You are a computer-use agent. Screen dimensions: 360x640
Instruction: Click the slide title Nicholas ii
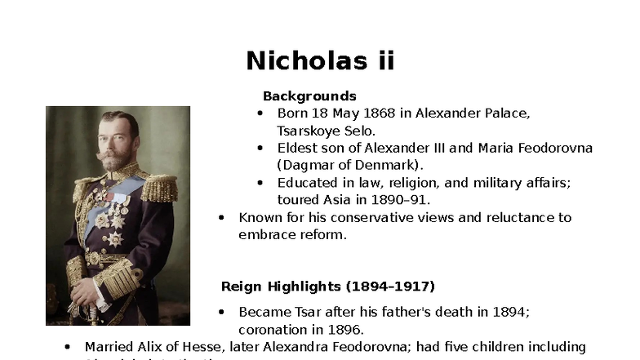(320, 60)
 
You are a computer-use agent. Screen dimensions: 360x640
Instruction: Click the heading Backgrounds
(309, 96)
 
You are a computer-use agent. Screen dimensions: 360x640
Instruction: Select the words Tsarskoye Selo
(327, 131)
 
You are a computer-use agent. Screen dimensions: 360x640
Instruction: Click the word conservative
(364, 218)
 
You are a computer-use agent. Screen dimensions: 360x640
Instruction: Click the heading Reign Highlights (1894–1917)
(328, 287)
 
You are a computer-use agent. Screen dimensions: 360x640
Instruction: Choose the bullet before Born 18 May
(260, 113)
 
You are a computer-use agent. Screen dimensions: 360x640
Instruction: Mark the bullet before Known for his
(221, 218)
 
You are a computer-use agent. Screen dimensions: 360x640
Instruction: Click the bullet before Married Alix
(67, 347)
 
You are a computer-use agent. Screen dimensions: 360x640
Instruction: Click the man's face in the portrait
(116, 142)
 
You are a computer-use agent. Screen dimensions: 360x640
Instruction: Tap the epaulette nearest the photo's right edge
(159, 188)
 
